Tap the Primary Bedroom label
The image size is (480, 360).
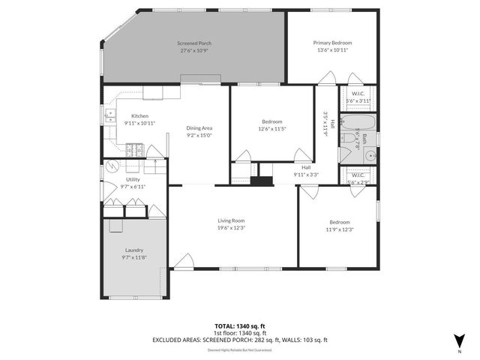pyautogui.click(x=332, y=43)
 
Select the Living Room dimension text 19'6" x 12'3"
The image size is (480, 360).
pyautogui.click(x=232, y=227)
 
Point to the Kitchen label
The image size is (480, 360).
pyautogui.click(x=139, y=115)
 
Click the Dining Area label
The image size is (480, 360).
pyautogui.click(x=199, y=128)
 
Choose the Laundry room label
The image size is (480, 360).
pyautogui.click(x=135, y=250)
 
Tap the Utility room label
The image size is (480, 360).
pyautogui.click(x=133, y=180)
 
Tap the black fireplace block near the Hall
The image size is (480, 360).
pyautogui.click(x=262, y=181)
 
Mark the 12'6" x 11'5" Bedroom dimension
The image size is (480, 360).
pyautogui.click(x=272, y=128)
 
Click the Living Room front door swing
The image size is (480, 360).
pyautogui.click(x=184, y=261)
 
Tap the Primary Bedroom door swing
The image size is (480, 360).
pyautogui.click(x=328, y=78)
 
